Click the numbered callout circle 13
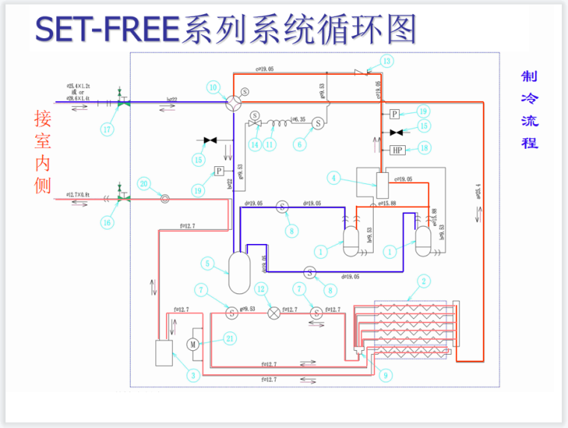click(x=386, y=61)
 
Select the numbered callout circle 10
click(x=214, y=88)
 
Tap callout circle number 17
click(x=109, y=129)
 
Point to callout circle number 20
click(x=144, y=183)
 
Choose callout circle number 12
click(x=261, y=289)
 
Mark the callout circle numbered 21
click(x=231, y=338)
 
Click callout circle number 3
click(x=194, y=376)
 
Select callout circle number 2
click(x=424, y=281)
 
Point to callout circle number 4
click(x=334, y=177)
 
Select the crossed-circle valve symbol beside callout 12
click(x=274, y=312)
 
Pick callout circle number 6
click(x=300, y=144)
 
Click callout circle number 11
click(x=271, y=144)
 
